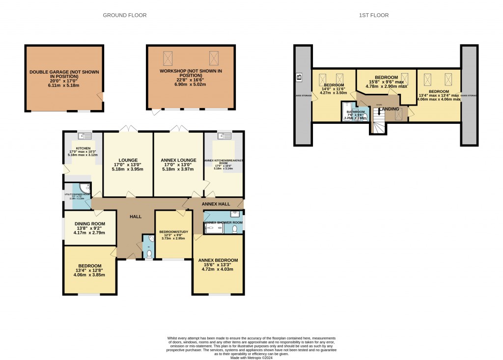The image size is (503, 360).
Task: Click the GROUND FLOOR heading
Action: click(x=124, y=15)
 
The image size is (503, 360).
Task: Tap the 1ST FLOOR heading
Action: click(x=374, y=15)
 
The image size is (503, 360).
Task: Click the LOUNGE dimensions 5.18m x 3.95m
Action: click(x=128, y=169)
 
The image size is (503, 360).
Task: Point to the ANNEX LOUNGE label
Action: click(x=178, y=160)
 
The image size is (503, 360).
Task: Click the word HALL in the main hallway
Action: click(x=136, y=217)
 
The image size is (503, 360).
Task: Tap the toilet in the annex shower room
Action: click(x=235, y=228)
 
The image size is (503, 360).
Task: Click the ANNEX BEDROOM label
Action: click(x=218, y=260)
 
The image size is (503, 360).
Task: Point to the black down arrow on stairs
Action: click(x=379, y=111)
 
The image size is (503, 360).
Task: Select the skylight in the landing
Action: click(x=399, y=114)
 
